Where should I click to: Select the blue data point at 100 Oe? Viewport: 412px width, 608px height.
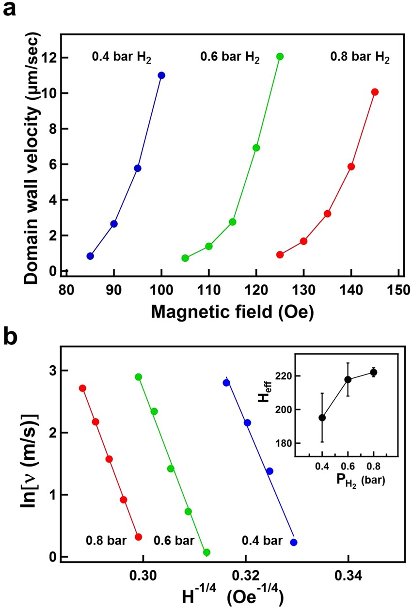(161, 75)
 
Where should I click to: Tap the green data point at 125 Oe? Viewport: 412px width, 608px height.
(280, 56)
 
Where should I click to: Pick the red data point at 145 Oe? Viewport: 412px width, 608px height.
(375, 92)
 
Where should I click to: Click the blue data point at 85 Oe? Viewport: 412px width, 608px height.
(90, 256)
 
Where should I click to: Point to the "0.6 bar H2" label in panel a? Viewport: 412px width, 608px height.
(230, 59)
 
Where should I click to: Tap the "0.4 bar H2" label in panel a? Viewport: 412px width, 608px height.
(122, 58)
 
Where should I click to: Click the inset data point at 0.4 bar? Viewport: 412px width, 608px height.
(322, 417)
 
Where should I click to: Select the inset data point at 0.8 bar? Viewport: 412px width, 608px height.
(373, 372)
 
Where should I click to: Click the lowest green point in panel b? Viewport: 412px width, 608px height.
(206, 552)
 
